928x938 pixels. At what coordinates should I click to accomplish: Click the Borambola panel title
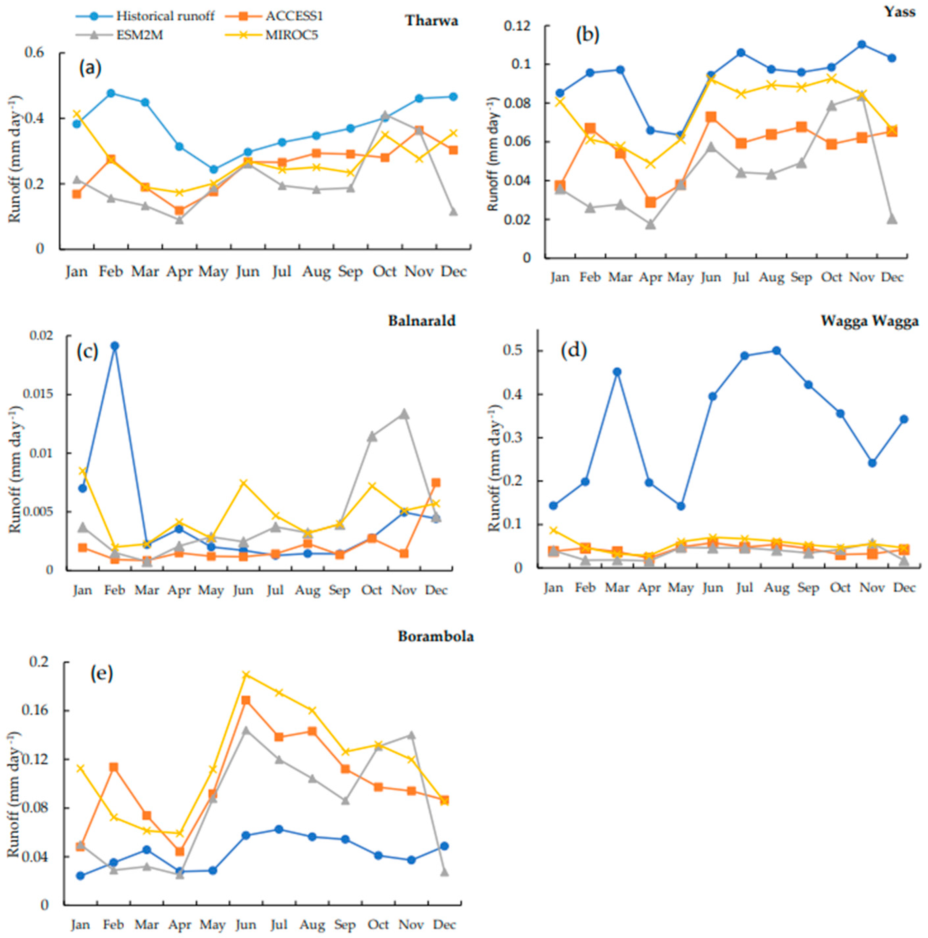436,637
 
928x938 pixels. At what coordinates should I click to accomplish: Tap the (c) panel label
87,352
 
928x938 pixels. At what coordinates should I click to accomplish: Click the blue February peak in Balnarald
114,346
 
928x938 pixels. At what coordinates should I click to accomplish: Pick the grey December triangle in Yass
892,219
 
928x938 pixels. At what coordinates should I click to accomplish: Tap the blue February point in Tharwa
111,93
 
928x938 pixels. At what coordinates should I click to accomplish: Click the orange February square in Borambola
113,767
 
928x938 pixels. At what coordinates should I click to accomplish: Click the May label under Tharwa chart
213,272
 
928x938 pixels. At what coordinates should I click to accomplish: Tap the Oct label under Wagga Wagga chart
840,587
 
